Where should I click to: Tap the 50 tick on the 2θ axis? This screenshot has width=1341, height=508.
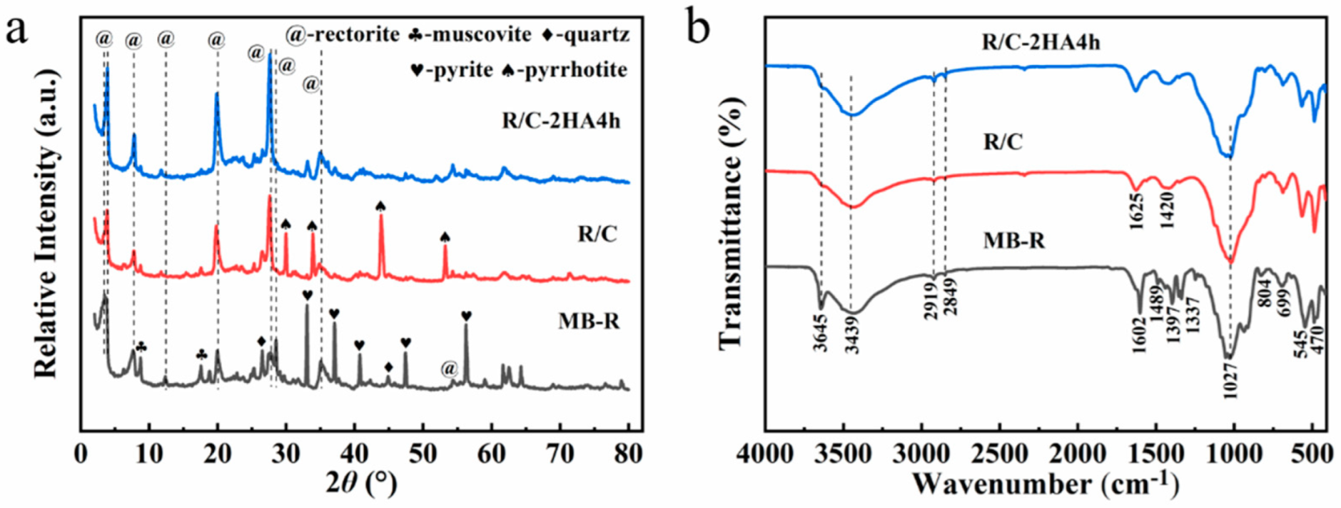423,453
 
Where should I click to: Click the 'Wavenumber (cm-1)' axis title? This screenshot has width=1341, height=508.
1045,484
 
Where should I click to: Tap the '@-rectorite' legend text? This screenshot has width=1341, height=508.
343,34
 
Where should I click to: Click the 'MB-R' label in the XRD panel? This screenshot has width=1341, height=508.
589,321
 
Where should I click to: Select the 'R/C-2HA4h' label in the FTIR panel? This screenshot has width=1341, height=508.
1041,42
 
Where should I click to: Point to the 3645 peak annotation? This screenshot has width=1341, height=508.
821,333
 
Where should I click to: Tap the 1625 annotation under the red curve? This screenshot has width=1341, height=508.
1137,211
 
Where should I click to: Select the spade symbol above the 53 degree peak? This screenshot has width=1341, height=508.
445,236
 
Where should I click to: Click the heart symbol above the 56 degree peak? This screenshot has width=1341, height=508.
466,316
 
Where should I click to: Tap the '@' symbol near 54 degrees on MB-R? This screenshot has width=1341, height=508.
448,369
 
